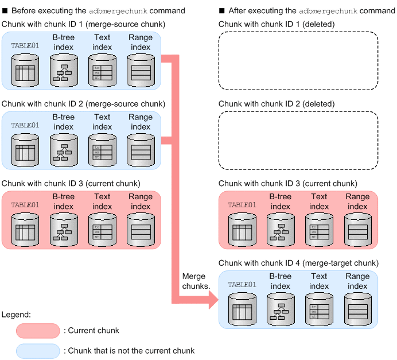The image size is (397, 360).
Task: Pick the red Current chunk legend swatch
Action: click(x=38, y=331)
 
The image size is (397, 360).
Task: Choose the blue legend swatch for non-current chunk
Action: click(x=38, y=350)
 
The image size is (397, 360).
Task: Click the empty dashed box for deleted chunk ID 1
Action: click(x=298, y=61)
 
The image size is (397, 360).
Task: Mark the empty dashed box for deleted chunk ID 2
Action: click(x=298, y=140)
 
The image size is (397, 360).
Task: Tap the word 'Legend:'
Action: click(x=17, y=315)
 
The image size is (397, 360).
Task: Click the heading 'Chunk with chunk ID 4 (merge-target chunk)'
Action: click(x=298, y=263)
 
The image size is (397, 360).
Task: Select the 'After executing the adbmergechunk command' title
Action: click(x=307, y=10)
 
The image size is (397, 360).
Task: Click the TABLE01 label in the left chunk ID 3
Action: click(x=25, y=204)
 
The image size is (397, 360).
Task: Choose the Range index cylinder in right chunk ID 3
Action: click(x=357, y=231)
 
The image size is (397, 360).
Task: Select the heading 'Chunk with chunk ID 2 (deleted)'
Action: click(x=277, y=104)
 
